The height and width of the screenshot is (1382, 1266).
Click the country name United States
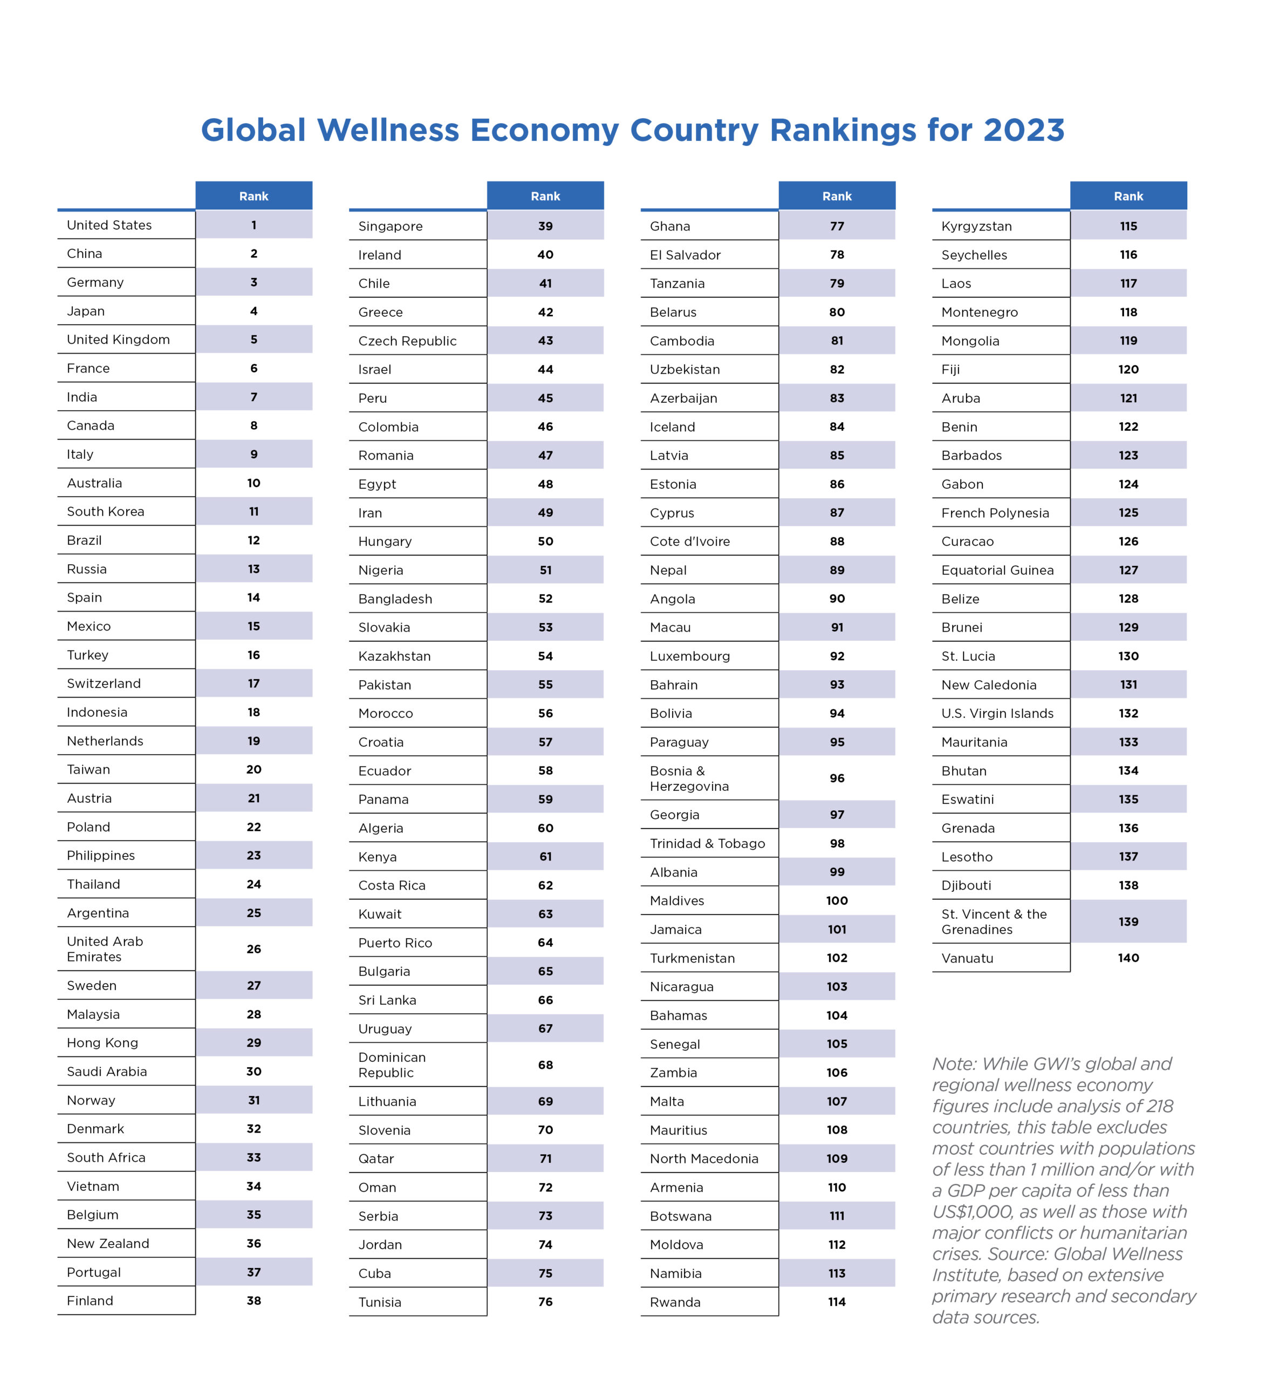coord(109,225)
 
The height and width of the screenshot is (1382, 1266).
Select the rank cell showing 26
coord(254,949)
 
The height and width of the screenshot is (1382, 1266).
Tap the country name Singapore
coord(391,226)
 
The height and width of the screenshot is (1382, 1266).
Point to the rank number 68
coord(545,1065)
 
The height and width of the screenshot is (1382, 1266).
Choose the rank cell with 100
coord(837,900)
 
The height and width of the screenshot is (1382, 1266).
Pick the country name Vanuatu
coord(967,958)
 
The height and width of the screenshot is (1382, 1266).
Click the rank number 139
coord(1128,922)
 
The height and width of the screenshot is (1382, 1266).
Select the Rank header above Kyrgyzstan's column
coord(1128,196)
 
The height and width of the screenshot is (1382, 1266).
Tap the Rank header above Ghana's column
coord(837,196)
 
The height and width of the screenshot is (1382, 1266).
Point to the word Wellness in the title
coord(388,130)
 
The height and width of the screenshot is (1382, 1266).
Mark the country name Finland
coord(90,1300)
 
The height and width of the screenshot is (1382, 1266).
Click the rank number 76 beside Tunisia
coord(545,1302)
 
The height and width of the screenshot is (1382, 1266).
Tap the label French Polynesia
coord(995,513)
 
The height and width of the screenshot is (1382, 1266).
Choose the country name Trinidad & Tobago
coord(707,843)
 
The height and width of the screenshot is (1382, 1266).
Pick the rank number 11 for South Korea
coord(254,511)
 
